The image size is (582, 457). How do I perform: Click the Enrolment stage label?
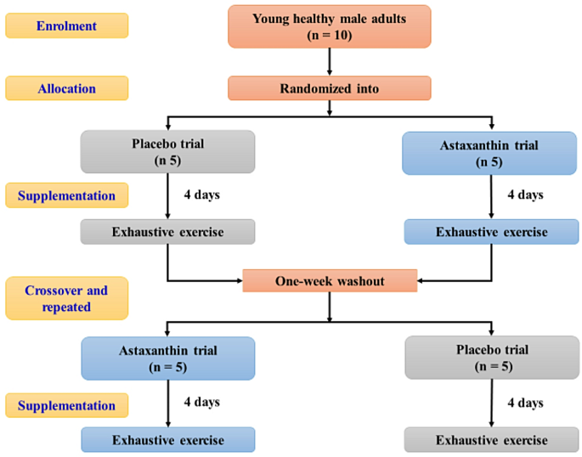click(66, 25)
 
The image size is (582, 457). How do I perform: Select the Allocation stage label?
click(66, 88)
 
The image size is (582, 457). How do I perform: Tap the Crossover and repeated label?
click(66, 298)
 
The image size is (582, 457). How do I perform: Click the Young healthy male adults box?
click(329, 27)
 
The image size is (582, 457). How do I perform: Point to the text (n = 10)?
click(329, 37)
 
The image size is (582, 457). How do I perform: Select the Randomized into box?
click(329, 88)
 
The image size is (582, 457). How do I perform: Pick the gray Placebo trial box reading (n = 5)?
click(490, 357)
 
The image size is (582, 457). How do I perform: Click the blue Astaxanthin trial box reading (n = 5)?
click(167, 357)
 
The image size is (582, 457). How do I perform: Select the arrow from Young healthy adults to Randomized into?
click(329, 62)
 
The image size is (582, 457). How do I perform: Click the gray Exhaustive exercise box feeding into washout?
click(167, 231)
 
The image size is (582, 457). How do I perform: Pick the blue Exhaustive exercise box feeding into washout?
click(490, 231)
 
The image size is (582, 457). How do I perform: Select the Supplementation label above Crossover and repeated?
click(66, 195)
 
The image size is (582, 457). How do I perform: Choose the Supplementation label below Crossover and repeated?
click(66, 405)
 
